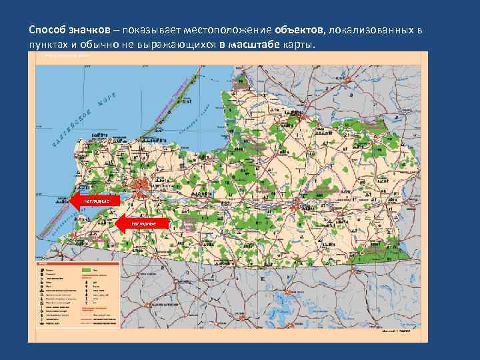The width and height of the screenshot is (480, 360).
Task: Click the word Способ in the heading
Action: click(47, 31)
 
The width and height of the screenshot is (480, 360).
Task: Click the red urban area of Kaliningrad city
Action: click(142, 186)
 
